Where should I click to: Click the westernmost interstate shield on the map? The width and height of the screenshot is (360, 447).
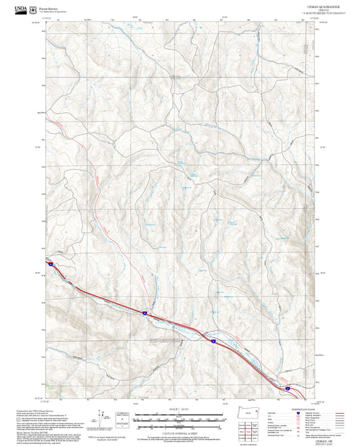50,265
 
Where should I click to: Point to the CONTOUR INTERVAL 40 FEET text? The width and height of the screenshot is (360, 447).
180,429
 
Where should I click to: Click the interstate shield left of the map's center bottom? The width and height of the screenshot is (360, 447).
145,312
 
